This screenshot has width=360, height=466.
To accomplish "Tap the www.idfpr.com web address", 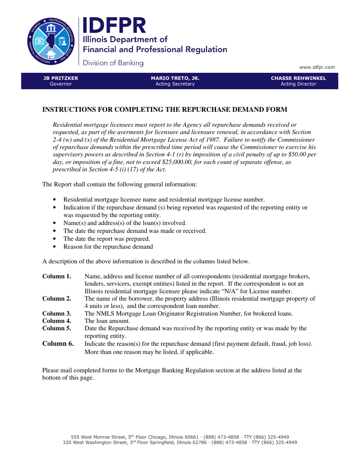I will tap(317, 67).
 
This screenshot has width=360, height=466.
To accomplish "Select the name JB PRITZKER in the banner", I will tap(61, 78).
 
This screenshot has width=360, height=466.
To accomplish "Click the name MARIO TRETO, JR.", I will tap(175, 78).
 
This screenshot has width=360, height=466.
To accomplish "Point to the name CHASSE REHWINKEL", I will tap(298, 78).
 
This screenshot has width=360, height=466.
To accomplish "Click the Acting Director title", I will tap(298, 84).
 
